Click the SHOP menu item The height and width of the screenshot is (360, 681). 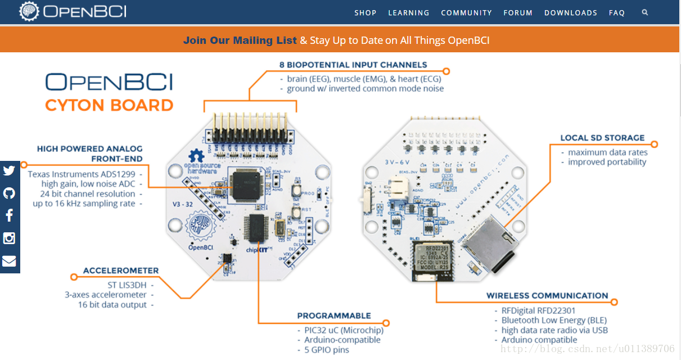point(365,12)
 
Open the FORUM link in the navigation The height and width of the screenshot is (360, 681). point(517,12)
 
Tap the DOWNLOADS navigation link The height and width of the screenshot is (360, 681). point(570,12)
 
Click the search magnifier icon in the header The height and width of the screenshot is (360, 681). point(644,12)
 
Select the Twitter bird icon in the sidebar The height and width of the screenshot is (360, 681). point(9,171)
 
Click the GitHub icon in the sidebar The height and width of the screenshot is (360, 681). point(9,193)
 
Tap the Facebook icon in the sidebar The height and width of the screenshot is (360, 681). point(9,215)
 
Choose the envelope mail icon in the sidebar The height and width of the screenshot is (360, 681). point(9,261)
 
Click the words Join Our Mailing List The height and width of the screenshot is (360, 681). point(240,40)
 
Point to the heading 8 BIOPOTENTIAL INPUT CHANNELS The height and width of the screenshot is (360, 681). point(353,65)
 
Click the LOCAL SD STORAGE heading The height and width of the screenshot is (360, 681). point(602,138)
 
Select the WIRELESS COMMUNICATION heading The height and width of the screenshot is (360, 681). point(547,295)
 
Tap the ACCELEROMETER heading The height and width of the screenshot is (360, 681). point(121,271)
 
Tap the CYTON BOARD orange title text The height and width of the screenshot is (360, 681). point(109,105)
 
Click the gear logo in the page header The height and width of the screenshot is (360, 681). point(28,11)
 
